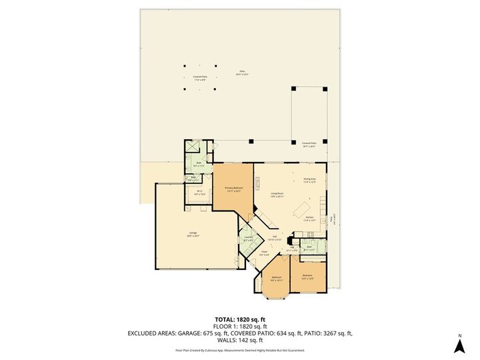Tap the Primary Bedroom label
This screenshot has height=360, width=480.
(x=233, y=189)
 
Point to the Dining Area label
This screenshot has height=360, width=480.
(x=310, y=180)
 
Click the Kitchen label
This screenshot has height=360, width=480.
(x=309, y=219)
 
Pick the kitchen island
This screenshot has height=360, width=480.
(x=298, y=211)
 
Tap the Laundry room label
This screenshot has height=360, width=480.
(x=247, y=239)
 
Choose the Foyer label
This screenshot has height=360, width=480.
(x=265, y=253)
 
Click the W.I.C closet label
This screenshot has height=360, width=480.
(x=199, y=193)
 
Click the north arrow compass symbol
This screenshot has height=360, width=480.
(x=459, y=345)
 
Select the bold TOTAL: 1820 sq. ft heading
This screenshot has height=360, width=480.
(x=240, y=319)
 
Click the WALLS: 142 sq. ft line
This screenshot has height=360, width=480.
(x=240, y=339)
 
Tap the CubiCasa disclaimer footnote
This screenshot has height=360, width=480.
(x=240, y=350)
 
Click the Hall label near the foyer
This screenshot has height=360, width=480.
(x=274, y=238)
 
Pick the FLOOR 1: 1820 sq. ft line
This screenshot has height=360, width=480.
(x=240, y=325)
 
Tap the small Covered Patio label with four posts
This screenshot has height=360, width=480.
(x=199, y=77)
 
